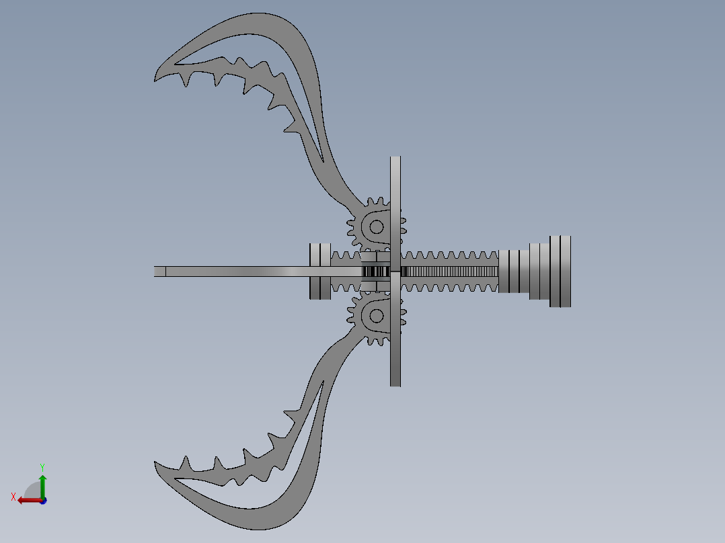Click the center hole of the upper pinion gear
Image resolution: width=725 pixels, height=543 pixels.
[376, 226]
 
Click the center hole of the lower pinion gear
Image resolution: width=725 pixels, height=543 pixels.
[376, 315]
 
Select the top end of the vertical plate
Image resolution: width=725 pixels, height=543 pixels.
[395, 161]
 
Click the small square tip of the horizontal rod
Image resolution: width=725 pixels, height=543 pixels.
[159, 271]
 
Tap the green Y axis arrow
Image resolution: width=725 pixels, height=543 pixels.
[42, 483]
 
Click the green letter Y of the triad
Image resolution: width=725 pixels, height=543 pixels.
[42, 466]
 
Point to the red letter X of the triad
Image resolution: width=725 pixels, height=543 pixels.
[13, 497]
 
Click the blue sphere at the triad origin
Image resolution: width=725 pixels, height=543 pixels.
[42, 501]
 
